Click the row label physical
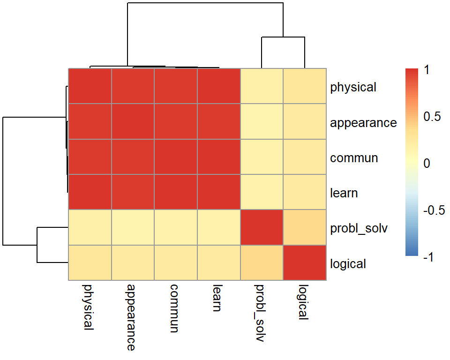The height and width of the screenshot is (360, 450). coord(353,87)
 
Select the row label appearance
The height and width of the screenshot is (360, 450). coord(363,123)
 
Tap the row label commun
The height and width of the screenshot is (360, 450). coord(354,158)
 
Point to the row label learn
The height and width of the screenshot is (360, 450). coord(344,193)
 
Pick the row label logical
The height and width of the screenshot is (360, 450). coord(348,264)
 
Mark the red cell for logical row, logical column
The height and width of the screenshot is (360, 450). coord(305,263)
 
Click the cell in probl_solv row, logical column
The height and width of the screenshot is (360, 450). coord(305,227)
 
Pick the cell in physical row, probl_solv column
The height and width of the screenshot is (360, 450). coord(262,86)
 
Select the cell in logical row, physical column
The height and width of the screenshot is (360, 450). coord(90,263)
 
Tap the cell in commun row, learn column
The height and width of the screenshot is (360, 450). coord(218,157)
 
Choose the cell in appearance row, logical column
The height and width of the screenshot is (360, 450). coord(305,121)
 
